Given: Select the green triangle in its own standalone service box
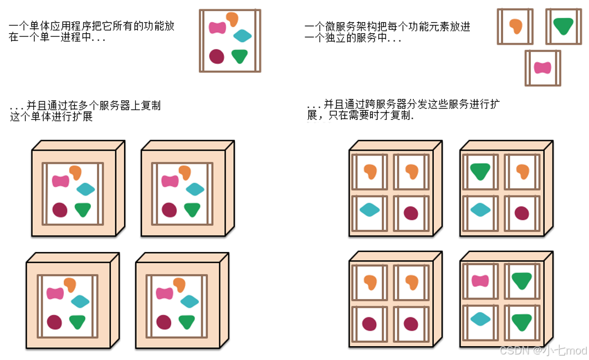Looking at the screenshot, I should [x=563, y=26].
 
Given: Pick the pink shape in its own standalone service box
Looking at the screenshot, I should [x=542, y=68].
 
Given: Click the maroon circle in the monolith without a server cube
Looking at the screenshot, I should [x=217, y=56].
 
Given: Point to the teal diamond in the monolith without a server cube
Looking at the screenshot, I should [x=242, y=37].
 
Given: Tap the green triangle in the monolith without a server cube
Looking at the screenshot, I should [x=239, y=56].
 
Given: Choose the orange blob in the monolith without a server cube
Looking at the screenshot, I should [x=232, y=19].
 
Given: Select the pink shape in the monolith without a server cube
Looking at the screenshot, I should [x=217, y=27].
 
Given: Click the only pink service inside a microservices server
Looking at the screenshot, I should [x=480, y=281].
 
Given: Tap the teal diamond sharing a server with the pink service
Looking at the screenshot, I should [x=480, y=318].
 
